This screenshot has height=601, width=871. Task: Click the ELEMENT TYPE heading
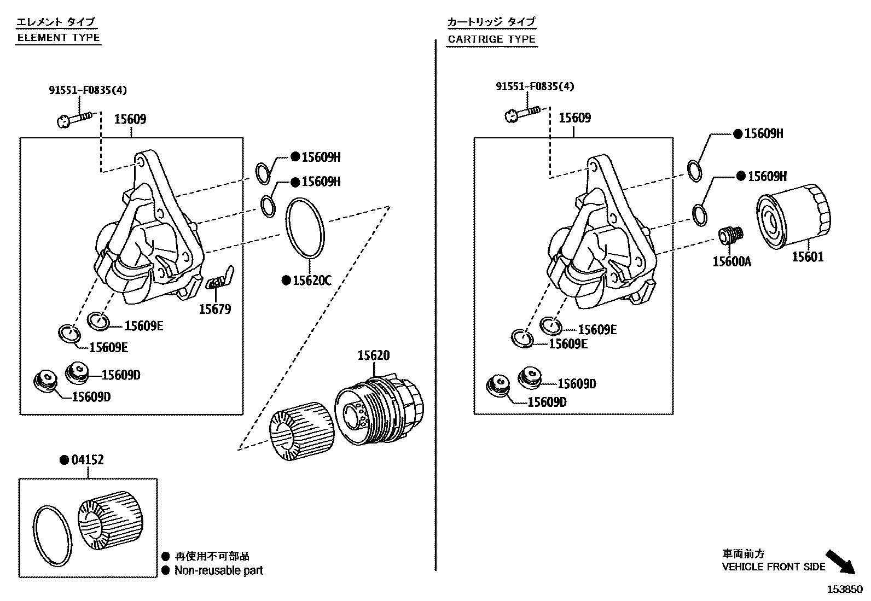point(59,38)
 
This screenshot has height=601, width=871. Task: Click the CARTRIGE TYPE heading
point(491,39)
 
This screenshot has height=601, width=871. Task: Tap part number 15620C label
point(312,281)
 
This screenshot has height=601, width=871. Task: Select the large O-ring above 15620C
point(305,228)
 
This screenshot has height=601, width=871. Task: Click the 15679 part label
point(214,309)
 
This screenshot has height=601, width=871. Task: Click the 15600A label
point(731,261)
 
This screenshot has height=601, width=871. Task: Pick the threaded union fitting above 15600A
point(730,236)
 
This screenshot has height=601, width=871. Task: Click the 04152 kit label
point(88,460)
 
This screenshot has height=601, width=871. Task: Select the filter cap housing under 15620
point(379,409)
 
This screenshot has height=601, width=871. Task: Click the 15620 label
point(374,355)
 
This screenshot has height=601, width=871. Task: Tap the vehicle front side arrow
point(839,562)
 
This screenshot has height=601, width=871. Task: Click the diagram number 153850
point(844,590)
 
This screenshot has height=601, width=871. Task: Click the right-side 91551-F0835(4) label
point(535,86)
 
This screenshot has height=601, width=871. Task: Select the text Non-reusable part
point(218,570)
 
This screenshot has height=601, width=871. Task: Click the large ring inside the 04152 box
point(53,535)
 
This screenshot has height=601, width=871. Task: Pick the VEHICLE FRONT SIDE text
point(773,567)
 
